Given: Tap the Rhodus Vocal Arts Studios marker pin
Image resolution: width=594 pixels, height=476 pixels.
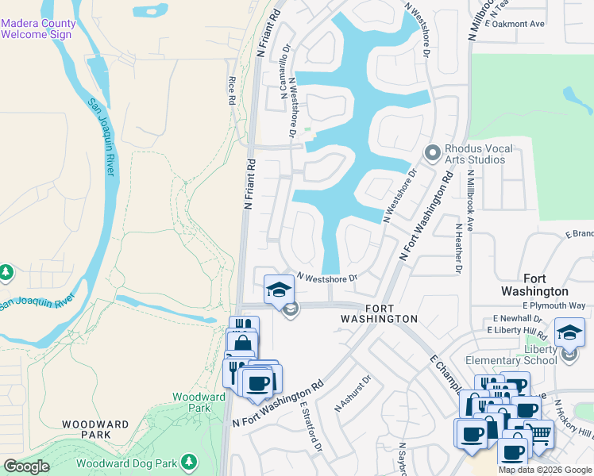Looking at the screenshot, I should pyautogui.click(x=433, y=152).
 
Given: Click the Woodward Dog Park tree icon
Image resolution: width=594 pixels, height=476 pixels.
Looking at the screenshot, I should pyautogui.click(x=189, y=462).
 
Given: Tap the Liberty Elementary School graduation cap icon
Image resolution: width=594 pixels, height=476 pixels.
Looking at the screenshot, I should pyautogui.click(x=569, y=333).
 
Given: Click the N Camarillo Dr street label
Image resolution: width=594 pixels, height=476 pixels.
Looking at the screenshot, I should pyautogui.click(x=283, y=71).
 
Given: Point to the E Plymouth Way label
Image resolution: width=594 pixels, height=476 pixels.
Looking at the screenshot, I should pyautogui.click(x=554, y=305).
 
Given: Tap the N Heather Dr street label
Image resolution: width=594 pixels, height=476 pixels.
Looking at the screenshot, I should pyautogui.click(x=459, y=248).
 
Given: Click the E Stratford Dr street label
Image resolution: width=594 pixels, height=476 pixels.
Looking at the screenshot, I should pyautogui.click(x=310, y=425).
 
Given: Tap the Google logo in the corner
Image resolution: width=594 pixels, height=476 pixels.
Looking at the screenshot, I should pyautogui.click(x=27, y=466).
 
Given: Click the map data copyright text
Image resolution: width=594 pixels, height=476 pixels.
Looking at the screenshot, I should pyautogui.click(x=546, y=470).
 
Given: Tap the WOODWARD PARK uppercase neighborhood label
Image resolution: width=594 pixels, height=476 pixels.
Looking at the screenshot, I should pyautogui.click(x=96, y=430).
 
